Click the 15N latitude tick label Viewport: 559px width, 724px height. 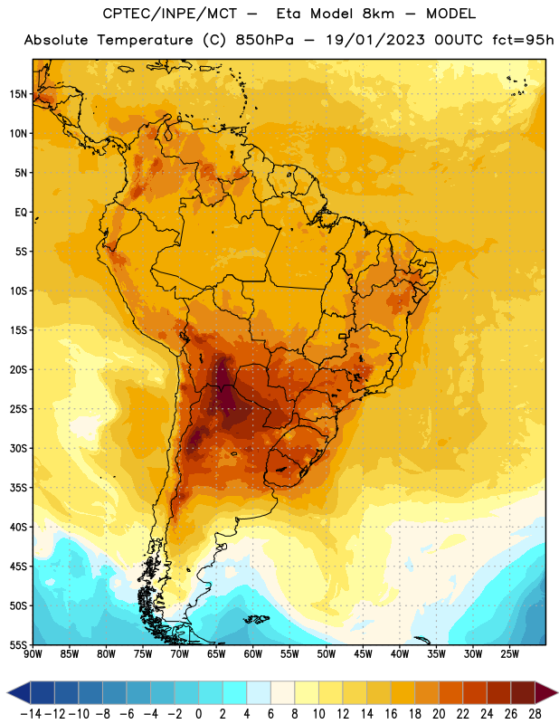[x=18, y=94]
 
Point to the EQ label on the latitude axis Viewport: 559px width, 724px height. [x=21, y=213]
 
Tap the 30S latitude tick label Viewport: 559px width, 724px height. [x=18, y=448]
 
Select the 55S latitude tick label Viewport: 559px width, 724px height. [x=18, y=645]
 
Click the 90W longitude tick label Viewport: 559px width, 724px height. [x=33, y=654]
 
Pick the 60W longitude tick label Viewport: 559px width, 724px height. [x=253, y=654]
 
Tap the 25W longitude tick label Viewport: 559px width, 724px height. [x=509, y=654]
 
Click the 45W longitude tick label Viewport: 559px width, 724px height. [x=363, y=654]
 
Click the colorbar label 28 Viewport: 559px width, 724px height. [x=535, y=714]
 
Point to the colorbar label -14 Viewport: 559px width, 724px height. [x=31, y=714]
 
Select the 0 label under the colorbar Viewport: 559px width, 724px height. [x=198, y=714]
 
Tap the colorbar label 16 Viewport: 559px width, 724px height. [x=391, y=714]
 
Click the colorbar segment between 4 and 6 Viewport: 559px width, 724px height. [x=259, y=692]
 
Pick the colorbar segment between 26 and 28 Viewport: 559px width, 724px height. [x=523, y=692]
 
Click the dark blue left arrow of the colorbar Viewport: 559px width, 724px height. [x=19, y=692]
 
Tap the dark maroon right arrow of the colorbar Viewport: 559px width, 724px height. [x=546, y=692]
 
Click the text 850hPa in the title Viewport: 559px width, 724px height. [x=264, y=40]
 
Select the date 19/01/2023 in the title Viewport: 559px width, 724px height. [x=374, y=40]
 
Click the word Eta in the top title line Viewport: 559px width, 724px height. [x=289, y=14]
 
